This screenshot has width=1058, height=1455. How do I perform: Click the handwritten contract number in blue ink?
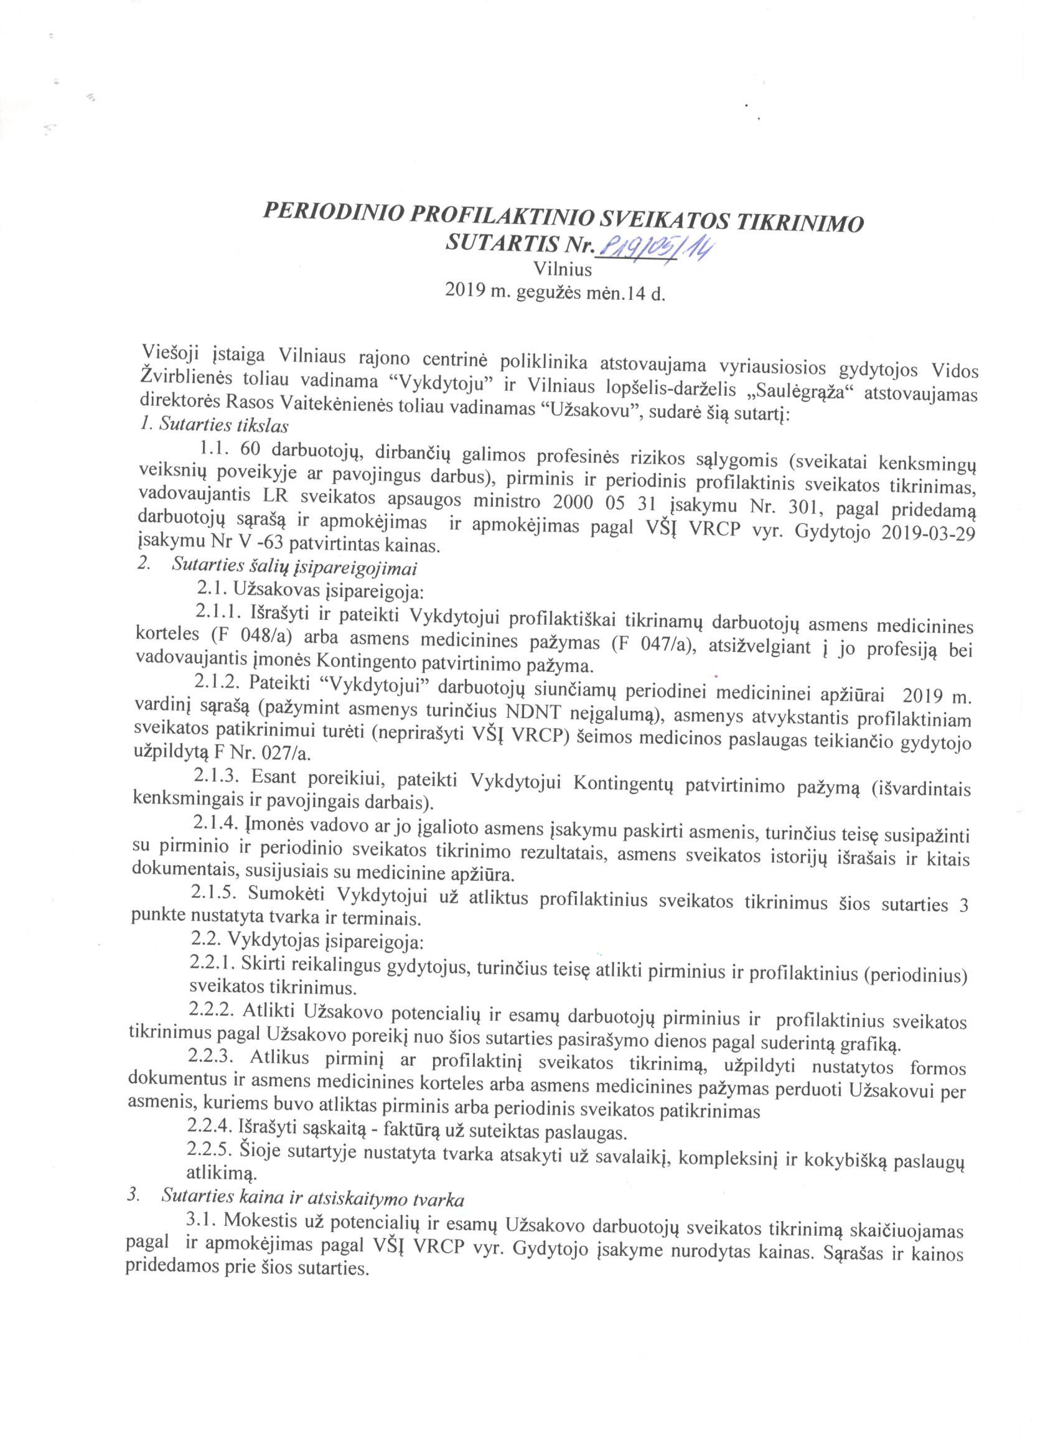(655, 248)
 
